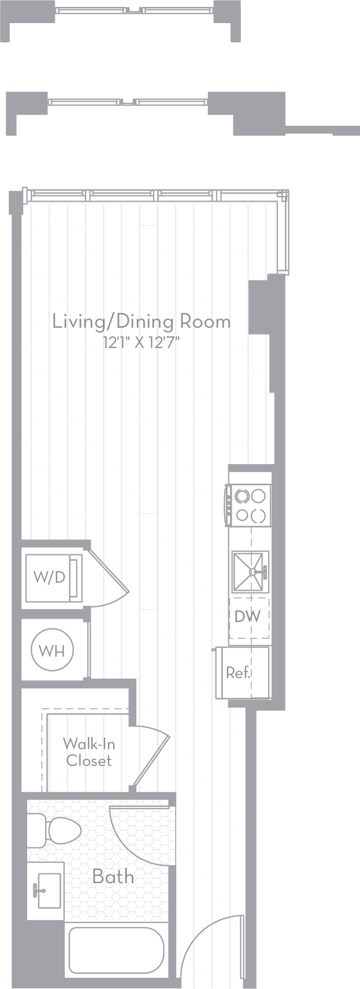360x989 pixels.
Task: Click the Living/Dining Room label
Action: pos(142,321)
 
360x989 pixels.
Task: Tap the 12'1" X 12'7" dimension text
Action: pos(142,343)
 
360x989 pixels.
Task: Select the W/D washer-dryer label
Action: pos(50,577)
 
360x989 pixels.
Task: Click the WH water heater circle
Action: pos(52,650)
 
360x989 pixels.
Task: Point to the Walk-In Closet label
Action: pos(88,753)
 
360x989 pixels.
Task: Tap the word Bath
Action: pos(113,876)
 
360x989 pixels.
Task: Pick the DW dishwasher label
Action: pos(247,616)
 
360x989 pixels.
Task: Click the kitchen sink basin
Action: pos(250,572)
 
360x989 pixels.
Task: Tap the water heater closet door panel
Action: pos(89,650)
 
